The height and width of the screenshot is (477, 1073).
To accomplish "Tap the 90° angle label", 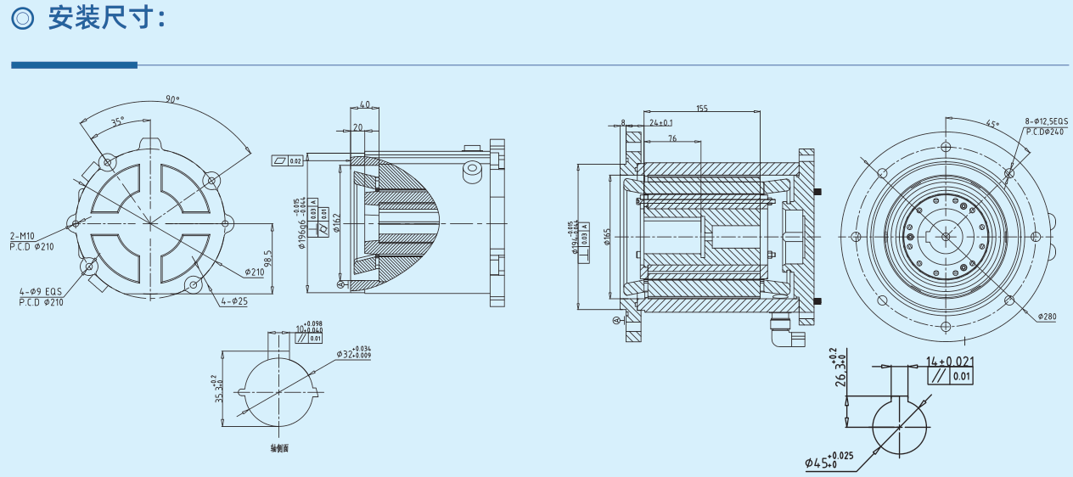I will pyautogui.click(x=172, y=99).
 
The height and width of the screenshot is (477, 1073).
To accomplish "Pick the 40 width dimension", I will pyautogui.click(x=364, y=105).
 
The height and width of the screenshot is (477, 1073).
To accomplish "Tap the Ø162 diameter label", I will pyautogui.click(x=336, y=223).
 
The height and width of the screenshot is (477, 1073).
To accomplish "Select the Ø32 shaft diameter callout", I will pyautogui.click(x=353, y=351).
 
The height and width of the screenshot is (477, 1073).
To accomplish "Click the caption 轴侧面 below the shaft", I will pyautogui.click(x=279, y=447).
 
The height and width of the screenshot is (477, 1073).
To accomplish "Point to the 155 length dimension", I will pyautogui.click(x=701, y=108).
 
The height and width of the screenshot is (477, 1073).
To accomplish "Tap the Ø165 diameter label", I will pyautogui.click(x=608, y=235).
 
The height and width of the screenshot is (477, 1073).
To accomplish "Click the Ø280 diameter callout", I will pyautogui.click(x=1047, y=316).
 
